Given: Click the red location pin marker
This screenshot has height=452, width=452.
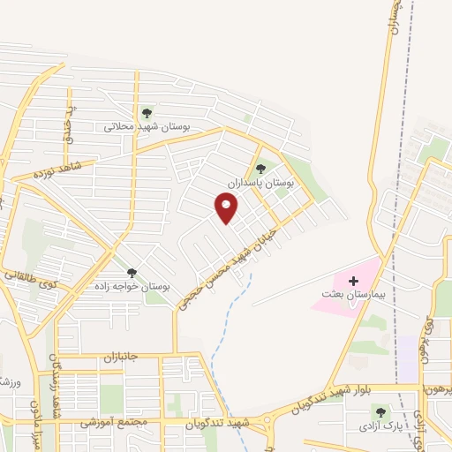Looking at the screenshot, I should pos(227,208).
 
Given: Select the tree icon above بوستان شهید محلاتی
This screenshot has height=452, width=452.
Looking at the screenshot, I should pos(147,113).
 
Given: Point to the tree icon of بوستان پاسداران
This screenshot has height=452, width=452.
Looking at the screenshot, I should pos(260,168).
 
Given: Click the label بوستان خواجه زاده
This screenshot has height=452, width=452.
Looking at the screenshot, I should pos(133,288).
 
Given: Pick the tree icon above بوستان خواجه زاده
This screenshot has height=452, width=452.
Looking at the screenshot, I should pos(132,274).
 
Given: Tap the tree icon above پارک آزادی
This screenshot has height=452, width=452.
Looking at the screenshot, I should pos(380,412).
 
